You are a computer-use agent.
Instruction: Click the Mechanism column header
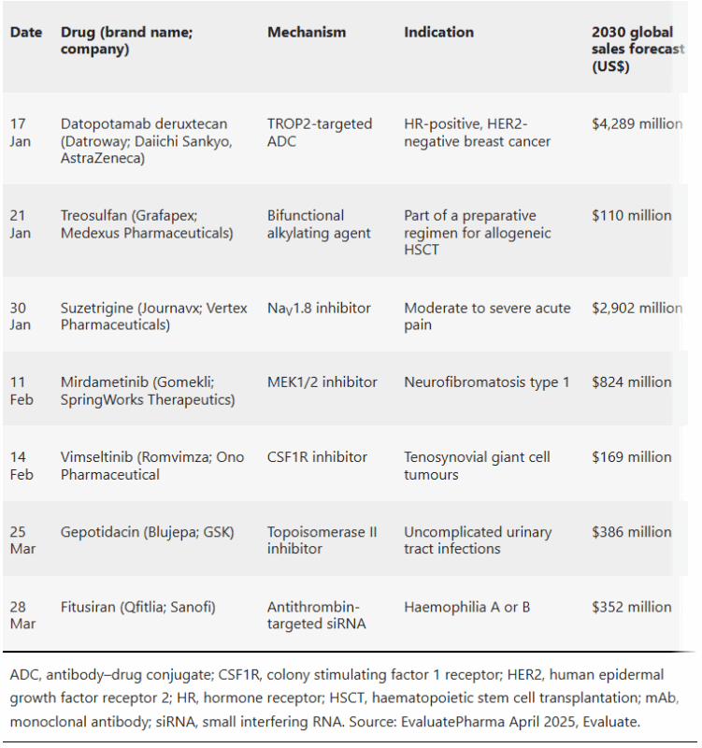pyautogui.click(x=307, y=32)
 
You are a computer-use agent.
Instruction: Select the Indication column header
pyautogui.click(x=438, y=32)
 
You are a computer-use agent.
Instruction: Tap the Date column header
pyautogui.click(x=26, y=32)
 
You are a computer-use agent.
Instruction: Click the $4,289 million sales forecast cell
pyautogui.click(x=638, y=124)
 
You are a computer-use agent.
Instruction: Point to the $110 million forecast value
pyautogui.click(x=631, y=216)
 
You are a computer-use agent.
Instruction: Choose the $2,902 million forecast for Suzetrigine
pyautogui.click(x=638, y=309)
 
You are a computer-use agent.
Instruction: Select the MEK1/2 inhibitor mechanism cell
pyautogui.click(x=322, y=382)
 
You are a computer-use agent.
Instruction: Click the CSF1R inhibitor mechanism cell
pyautogui.click(x=317, y=457)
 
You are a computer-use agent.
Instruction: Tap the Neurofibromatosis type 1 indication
pyautogui.click(x=487, y=382)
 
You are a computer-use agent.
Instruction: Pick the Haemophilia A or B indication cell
pyautogui.click(x=466, y=607)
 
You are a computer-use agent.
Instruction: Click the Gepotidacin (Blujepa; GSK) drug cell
pyautogui.click(x=148, y=532)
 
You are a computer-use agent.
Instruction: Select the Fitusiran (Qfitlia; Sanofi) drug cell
pyautogui.click(x=137, y=607)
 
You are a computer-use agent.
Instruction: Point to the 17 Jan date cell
pyautogui.click(x=20, y=133)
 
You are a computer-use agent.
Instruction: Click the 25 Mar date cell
pyautogui.click(x=22, y=540)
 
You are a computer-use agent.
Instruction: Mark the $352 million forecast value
pyautogui.click(x=631, y=607)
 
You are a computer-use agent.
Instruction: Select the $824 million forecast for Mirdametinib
pyautogui.click(x=631, y=382)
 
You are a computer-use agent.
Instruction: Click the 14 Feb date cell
pyautogui.click(x=21, y=466)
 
